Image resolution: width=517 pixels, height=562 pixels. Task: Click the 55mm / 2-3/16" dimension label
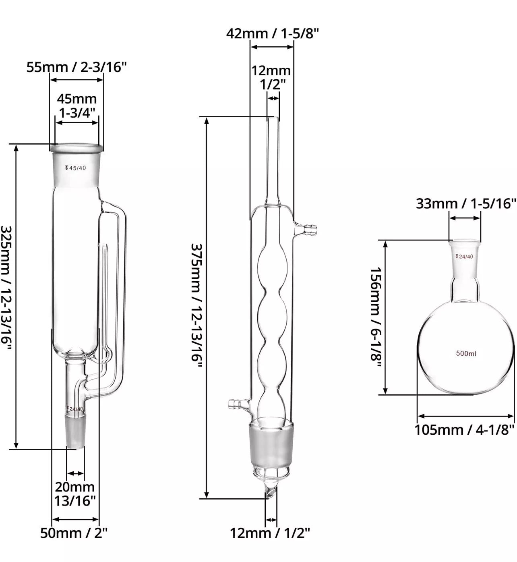pos(77,67)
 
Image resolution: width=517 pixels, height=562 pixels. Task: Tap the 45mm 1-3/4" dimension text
pos(77,106)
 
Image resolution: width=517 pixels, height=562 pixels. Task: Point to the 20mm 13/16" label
pos(75,494)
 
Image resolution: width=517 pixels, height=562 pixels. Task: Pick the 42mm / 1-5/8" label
pos(273,33)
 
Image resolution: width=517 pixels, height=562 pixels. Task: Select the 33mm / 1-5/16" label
pos(466,203)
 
